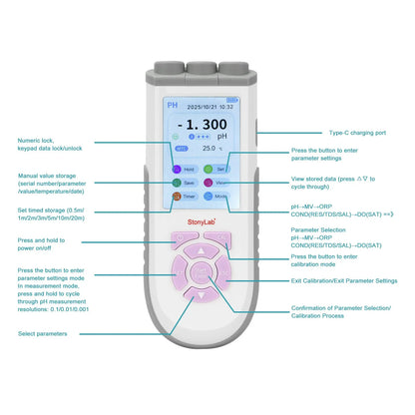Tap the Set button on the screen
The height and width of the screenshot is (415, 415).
pos(221,170)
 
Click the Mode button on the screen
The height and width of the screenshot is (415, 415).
pos(221,198)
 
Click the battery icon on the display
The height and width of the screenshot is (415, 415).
pos(232,100)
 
